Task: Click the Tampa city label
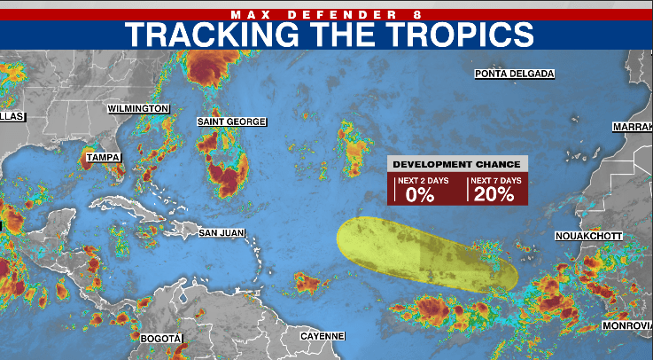tap(102, 158)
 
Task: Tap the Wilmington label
tap(138, 108)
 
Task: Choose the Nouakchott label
tap(588, 236)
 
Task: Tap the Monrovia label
tap(626, 326)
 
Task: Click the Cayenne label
tap(322, 336)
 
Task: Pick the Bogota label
tap(160, 339)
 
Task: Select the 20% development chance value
tap(494, 195)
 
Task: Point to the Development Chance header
tap(457, 164)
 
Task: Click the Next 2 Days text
tap(420, 180)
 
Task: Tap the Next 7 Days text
tap(494, 180)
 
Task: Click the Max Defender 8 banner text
tap(326, 13)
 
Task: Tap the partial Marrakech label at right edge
tap(632, 128)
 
